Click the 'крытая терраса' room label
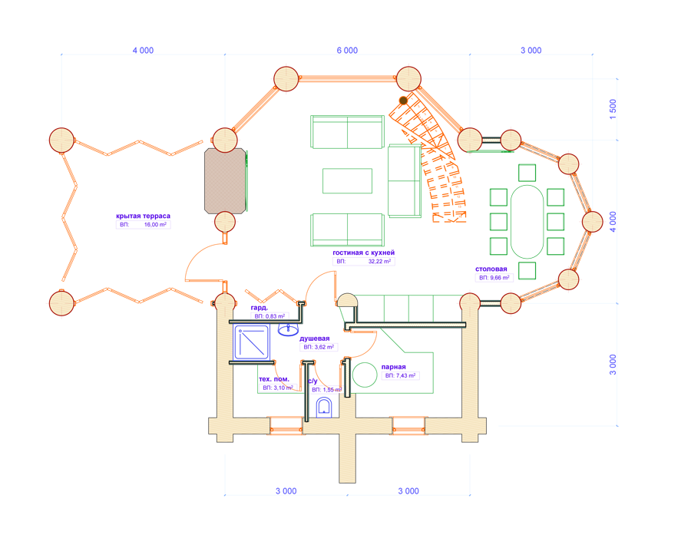[x=143, y=216]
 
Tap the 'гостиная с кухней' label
[x=364, y=253]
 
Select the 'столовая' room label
[x=491, y=269]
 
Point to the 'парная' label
[x=394, y=367]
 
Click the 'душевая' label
[x=315, y=339]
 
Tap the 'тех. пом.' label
[x=274, y=379]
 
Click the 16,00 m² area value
[x=156, y=224]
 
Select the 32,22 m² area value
[x=379, y=261]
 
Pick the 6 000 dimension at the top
[x=347, y=50]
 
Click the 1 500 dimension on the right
[x=613, y=109]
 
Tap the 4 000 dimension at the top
[x=144, y=50]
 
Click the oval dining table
[x=527, y=222]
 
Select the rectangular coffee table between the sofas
[x=347, y=180]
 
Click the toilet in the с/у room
[x=324, y=408]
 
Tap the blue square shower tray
[x=252, y=342]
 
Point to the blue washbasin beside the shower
[x=288, y=329]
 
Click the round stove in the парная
[x=365, y=375]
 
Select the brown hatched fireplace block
[x=225, y=180]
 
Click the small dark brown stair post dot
[x=403, y=101]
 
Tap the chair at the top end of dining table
[x=527, y=173]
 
